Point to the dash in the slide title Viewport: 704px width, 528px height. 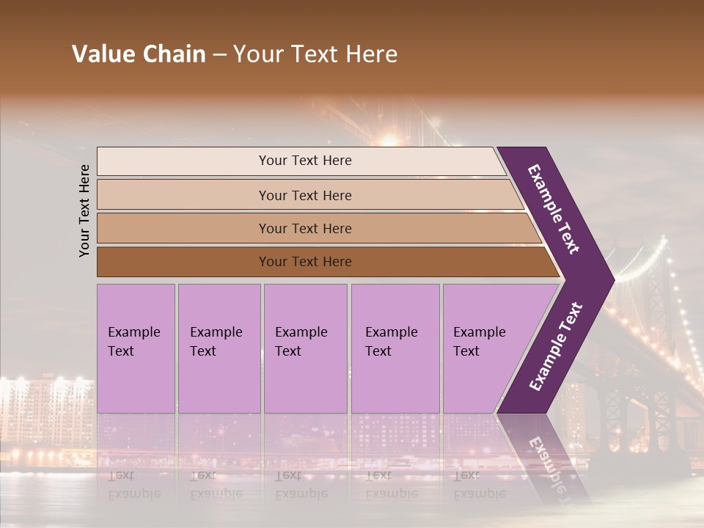coord(219,54)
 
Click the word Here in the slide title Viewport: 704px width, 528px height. coord(371,54)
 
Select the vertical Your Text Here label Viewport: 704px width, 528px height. coord(84,210)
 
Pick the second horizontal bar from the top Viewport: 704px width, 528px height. coord(304,195)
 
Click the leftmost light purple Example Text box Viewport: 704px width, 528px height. coord(136,348)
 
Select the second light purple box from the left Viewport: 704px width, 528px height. coord(219,348)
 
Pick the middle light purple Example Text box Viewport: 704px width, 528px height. coord(305,348)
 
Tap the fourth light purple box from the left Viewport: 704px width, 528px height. coord(395,348)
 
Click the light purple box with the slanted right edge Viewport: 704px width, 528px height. coord(484,348)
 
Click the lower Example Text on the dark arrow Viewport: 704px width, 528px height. coord(556,346)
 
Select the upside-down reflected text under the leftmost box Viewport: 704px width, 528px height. coord(133,484)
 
